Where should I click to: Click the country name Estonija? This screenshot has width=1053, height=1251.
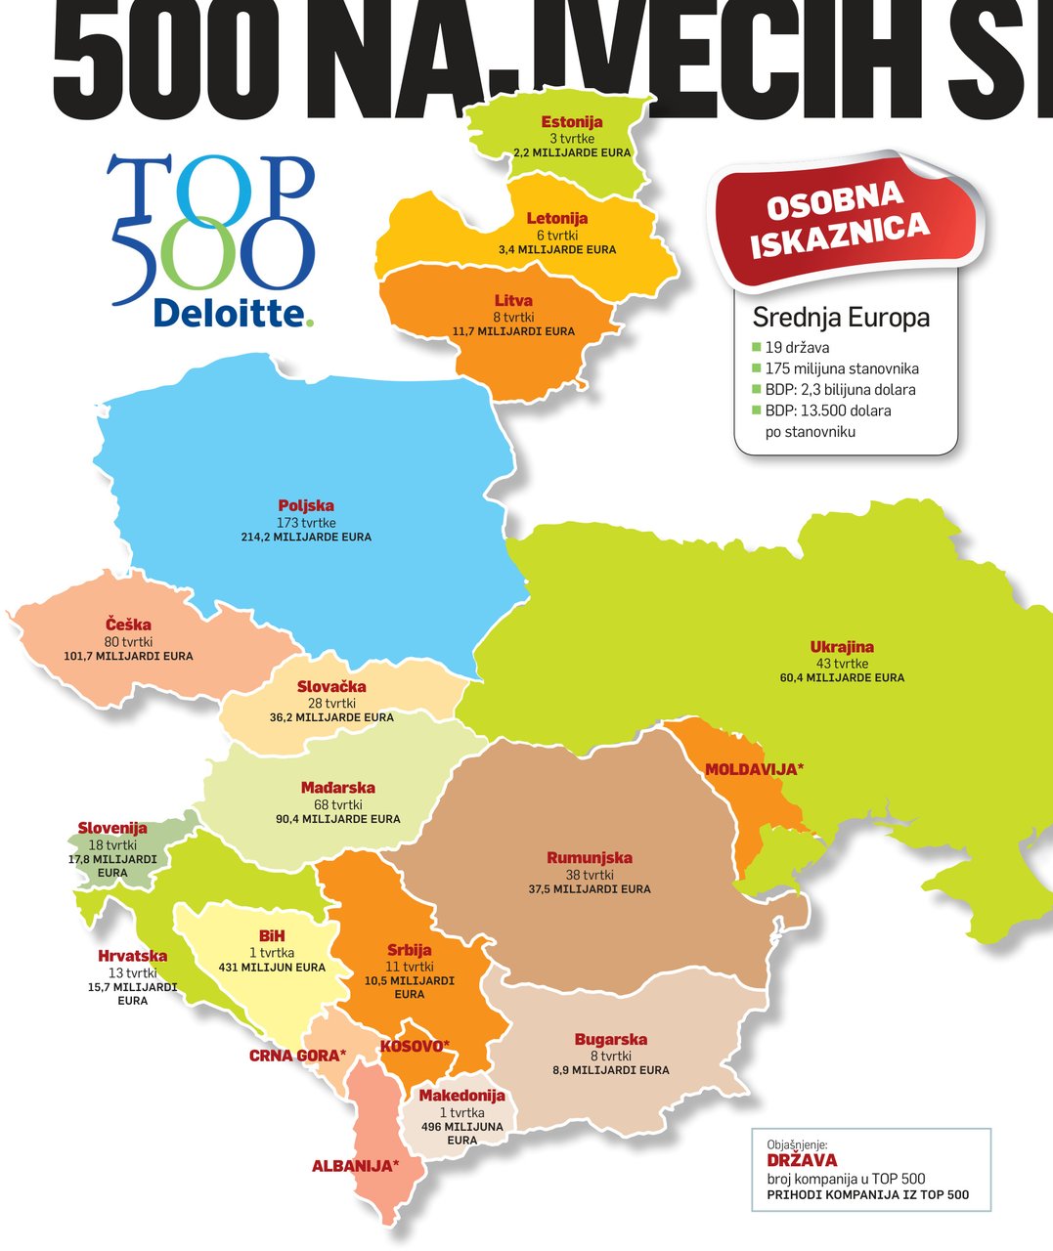(572, 122)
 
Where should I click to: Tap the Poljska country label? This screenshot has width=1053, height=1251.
(306, 505)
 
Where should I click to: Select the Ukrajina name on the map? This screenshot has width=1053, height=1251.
(842, 646)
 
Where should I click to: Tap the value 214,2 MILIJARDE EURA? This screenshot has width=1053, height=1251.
(306, 537)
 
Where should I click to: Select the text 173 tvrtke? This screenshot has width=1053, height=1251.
(306, 522)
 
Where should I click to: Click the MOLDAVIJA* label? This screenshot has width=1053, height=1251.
(754, 769)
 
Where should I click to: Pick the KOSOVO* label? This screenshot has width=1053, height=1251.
(415, 1046)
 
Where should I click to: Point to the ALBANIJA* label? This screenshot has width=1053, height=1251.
(355, 1166)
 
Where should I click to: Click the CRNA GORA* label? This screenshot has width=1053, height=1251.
(297, 1056)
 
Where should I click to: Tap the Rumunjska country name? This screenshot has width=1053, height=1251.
(589, 858)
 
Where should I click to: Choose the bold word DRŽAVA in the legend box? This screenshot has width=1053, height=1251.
(802, 1161)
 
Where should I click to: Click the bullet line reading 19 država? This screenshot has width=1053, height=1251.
(798, 347)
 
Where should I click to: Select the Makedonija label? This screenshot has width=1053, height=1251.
(461, 1096)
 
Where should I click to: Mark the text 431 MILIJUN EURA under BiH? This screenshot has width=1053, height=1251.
(272, 968)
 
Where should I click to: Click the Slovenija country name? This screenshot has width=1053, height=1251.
(112, 829)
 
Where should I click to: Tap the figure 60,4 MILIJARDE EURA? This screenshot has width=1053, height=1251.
(842, 677)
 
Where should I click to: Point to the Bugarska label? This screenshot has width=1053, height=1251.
(611, 1040)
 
